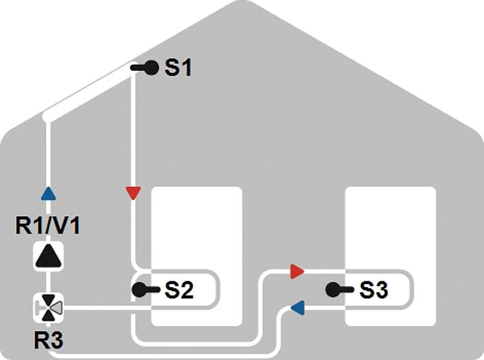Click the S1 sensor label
pos(178,68)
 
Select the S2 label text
pos(179,290)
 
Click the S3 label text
pos(374,290)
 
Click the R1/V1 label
pos(48,226)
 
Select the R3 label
pos(48,341)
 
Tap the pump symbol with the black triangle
pos(48,256)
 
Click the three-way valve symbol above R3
pos(48,308)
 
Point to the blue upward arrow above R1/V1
pos(48,194)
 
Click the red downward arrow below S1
pos(134,193)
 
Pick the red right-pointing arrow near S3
pos(297,272)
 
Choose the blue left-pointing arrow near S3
pos(297,308)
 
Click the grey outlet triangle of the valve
pos(57,308)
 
